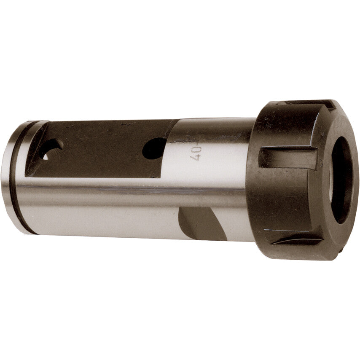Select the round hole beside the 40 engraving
(x=154, y=148)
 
